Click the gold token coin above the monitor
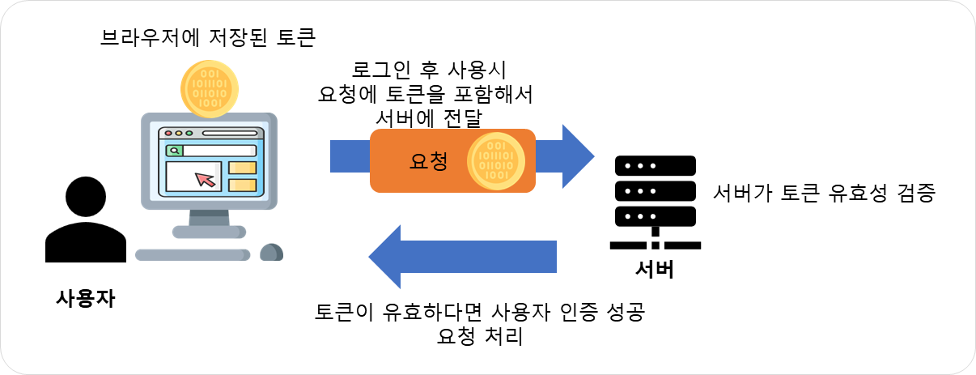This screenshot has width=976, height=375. pyautogui.click(x=210, y=89)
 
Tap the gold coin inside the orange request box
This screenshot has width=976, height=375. pyautogui.click(x=496, y=161)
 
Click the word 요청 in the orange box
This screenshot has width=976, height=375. pyautogui.click(x=429, y=161)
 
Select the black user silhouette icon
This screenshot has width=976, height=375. pyautogui.click(x=86, y=219)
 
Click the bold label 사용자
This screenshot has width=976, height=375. pyautogui.click(x=86, y=299)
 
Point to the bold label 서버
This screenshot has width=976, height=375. pyautogui.click(x=655, y=270)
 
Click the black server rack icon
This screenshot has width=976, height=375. pyautogui.click(x=656, y=202)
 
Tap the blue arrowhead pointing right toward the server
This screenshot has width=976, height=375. pyautogui.click(x=578, y=156)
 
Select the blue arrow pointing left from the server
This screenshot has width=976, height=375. pyautogui.click(x=462, y=257)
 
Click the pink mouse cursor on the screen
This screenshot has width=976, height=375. pyautogui.click(x=205, y=179)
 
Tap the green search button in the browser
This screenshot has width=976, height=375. pyautogui.click(x=174, y=151)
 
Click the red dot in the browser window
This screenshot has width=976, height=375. pyautogui.click(x=168, y=133)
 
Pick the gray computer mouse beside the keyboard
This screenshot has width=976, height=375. pyautogui.click(x=271, y=253)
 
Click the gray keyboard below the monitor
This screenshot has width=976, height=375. pyautogui.click(x=193, y=255)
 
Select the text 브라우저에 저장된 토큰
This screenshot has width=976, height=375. pyautogui.click(x=208, y=37)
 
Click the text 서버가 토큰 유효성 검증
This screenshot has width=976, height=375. pyautogui.click(x=824, y=193)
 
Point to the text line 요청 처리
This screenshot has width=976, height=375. pyautogui.click(x=480, y=337)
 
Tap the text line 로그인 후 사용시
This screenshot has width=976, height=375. pyautogui.click(x=429, y=70)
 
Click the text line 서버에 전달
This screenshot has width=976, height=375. pyautogui.click(x=429, y=118)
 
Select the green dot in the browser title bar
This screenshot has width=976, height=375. pyautogui.click(x=189, y=133)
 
